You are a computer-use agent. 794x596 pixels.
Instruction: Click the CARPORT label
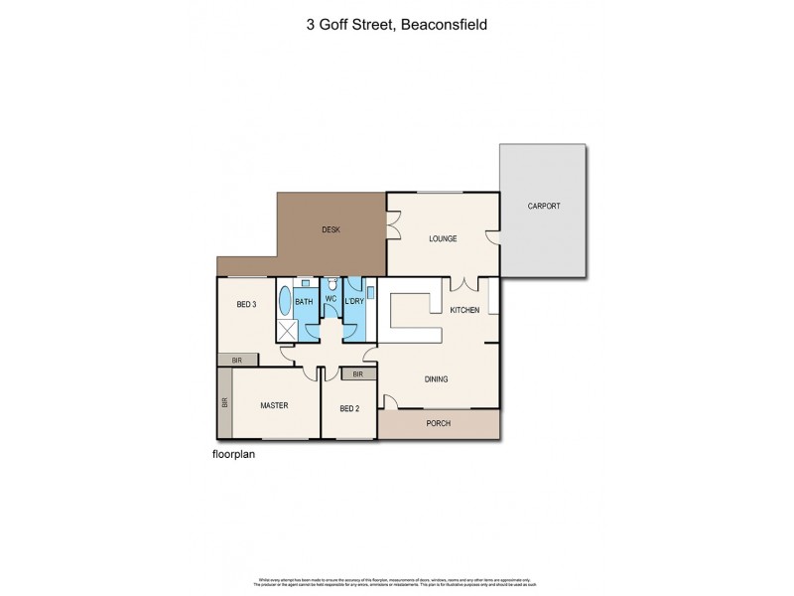coord(543,206)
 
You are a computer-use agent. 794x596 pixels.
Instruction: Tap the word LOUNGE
coord(442,238)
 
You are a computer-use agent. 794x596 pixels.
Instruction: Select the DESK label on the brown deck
coord(331,230)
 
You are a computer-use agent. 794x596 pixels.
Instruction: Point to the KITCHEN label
coord(464,311)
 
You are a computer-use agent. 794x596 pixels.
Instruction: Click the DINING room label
coord(437,378)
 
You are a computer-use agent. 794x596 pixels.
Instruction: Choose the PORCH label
coord(438,423)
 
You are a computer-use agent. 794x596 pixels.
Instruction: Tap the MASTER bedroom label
coord(274,405)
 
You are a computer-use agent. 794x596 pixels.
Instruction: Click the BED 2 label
coord(348,409)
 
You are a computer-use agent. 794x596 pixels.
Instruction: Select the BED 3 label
coord(247,305)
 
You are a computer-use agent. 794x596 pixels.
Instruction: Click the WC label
coord(331,300)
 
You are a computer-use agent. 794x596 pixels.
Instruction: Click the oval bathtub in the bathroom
coord(286,302)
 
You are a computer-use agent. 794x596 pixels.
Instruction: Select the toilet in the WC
coord(331,284)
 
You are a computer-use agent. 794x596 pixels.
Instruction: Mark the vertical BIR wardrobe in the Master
coord(224,404)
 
